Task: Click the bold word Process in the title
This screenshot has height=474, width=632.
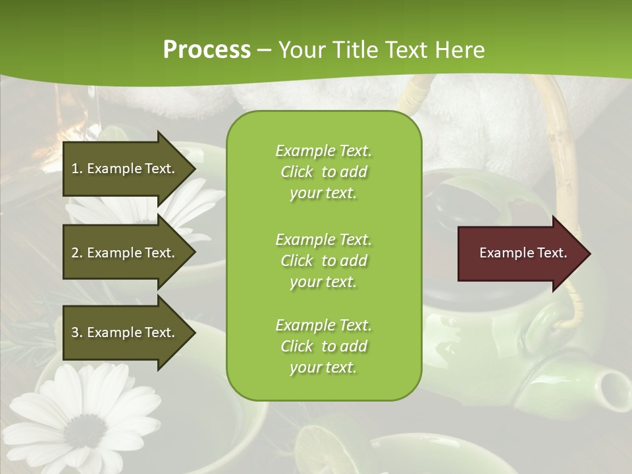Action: tap(207, 50)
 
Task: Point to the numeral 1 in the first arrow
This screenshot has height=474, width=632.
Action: tap(75, 169)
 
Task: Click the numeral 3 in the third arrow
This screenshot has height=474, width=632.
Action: tap(75, 332)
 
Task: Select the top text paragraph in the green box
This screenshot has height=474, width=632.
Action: tap(323, 172)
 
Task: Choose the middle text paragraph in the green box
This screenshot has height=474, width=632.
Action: tap(323, 261)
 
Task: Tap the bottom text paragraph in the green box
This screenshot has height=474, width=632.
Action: tap(323, 346)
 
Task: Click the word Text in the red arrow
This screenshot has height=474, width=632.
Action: tap(552, 253)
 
